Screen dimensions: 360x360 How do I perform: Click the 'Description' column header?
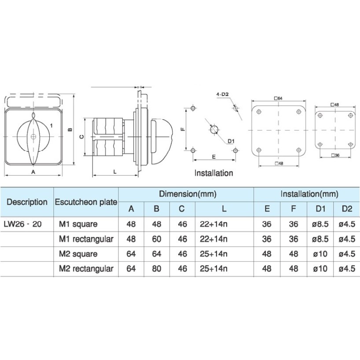point(27,202)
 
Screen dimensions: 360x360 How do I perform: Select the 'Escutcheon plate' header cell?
point(86,202)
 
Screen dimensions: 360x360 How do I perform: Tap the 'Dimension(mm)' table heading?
point(188,194)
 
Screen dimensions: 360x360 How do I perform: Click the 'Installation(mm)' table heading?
point(309,194)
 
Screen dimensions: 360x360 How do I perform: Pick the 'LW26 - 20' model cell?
point(22,224)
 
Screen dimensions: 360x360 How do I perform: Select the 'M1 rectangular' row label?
point(86,239)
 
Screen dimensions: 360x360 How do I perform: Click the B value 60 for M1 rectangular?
point(157,239)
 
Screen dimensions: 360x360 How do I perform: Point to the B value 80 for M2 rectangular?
point(157,268)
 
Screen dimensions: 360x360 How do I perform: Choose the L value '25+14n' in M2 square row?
point(213,254)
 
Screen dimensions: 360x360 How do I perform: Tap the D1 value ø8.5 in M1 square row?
point(320,224)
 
